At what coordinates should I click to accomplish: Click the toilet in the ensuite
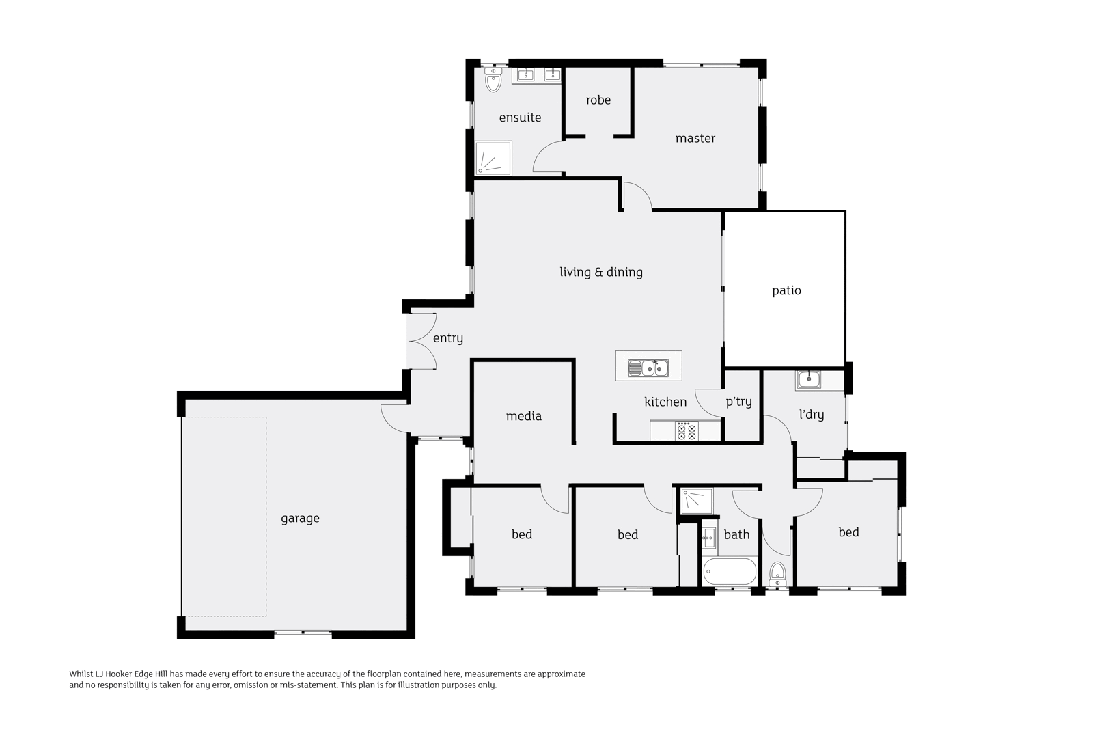[x=493, y=81]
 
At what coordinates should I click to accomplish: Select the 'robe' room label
[x=598, y=100]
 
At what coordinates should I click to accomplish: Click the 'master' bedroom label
[x=695, y=139]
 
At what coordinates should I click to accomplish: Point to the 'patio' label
[x=786, y=291]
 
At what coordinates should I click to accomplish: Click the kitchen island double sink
[x=648, y=368]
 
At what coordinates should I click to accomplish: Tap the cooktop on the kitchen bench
[x=687, y=431]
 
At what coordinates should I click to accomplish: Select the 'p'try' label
[x=738, y=402]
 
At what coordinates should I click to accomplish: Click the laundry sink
[x=810, y=379]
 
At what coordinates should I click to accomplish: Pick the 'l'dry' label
[x=811, y=415]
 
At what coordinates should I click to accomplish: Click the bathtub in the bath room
[x=729, y=572]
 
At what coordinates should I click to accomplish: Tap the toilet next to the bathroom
[x=777, y=573]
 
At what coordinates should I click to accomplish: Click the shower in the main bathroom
[x=696, y=501]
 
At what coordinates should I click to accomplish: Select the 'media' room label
[x=523, y=416]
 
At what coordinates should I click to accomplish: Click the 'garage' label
[x=300, y=519]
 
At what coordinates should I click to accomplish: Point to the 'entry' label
[x=447, y=338]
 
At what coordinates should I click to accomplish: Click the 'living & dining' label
[x=600, y=272]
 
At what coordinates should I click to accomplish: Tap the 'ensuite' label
[x=520, y=118]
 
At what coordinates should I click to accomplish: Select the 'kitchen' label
[x=665, y=402]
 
